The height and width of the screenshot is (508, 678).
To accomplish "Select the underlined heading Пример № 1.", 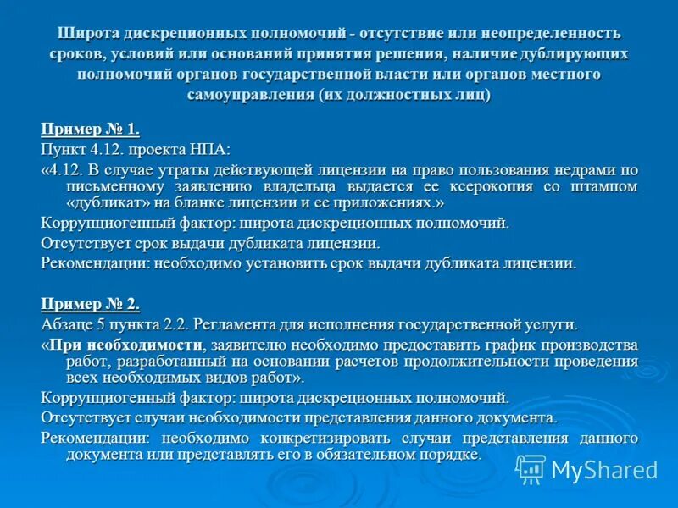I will (89, 130).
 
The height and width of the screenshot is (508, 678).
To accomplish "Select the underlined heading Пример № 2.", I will (89, 304).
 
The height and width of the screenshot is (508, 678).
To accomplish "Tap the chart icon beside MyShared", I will (531, 469).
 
